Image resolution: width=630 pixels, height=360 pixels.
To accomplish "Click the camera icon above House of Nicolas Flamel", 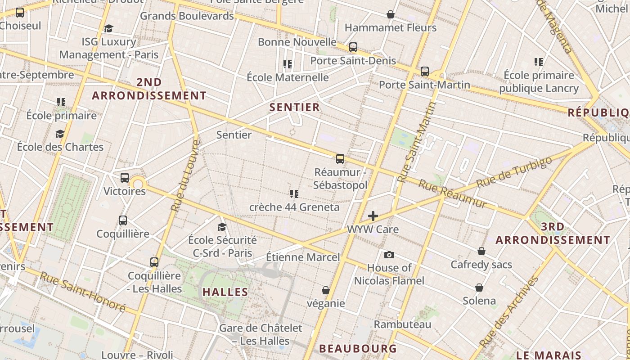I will click(389, 255).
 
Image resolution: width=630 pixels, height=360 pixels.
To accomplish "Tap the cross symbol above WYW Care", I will click(373, 216).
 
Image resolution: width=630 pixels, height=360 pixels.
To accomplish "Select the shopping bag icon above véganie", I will click(326, 291).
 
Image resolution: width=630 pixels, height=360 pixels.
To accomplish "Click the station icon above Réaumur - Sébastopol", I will click(340, 159).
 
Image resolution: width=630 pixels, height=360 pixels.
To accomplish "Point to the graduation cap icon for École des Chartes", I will click(60, 134).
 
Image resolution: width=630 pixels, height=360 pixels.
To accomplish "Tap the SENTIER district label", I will click(295, 107).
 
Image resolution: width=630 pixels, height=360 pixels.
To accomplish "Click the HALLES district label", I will click(225, 292).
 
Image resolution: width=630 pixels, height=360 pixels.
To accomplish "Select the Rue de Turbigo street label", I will click(514, 173).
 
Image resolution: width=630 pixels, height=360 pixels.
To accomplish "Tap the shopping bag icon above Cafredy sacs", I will click(481, 251).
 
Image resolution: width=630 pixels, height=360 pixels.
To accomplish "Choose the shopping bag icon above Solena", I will click(479, 288).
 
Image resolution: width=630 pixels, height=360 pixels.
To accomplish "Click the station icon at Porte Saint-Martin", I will click(424, 72).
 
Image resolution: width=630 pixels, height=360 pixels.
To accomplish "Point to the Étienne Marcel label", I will click(303, 257).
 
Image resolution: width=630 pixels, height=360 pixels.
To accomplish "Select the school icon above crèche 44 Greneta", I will click(294, 194).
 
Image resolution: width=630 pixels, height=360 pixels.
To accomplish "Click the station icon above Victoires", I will click(125, 178).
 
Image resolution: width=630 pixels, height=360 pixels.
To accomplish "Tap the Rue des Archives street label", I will click(509, 311).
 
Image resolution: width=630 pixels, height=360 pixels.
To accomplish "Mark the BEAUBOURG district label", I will click(358, 348).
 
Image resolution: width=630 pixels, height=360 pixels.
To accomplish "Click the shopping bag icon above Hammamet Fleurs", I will click(391, 15).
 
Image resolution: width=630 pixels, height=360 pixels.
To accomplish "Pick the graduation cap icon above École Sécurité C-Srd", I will click(222, 227).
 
